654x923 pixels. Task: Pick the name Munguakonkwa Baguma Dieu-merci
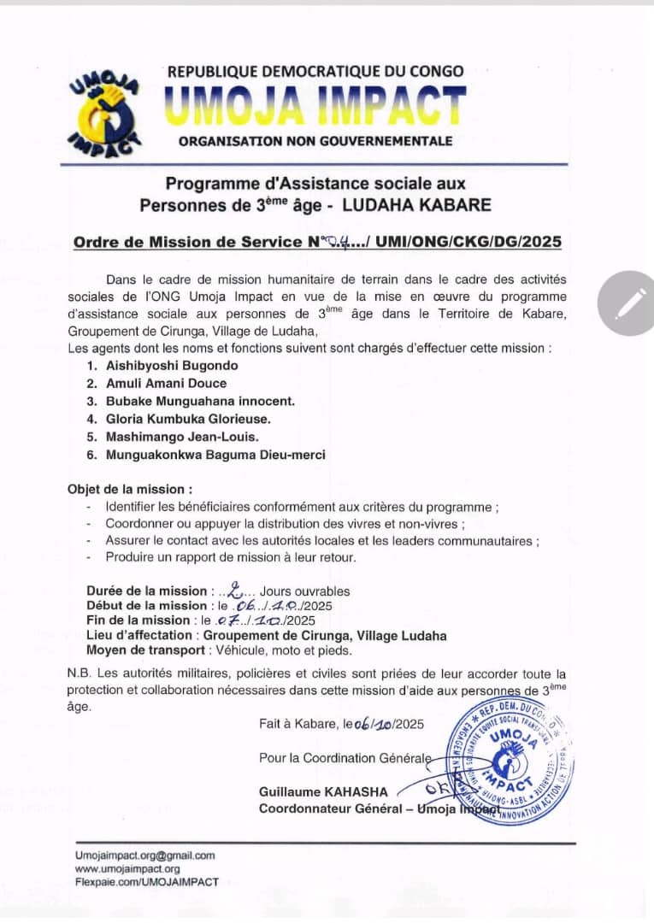point(215,455)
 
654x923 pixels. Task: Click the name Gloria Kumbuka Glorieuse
point(188,419)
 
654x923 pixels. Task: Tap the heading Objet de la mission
point(130,490)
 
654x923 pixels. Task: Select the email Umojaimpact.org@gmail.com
point(144,855)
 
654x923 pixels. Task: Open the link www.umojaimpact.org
point(127,868)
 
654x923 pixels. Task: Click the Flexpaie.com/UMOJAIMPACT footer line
point(146,881)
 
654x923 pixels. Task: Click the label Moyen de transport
point(141,650)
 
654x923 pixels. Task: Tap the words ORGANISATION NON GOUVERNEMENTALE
point(315,140)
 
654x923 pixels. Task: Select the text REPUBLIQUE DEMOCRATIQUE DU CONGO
point(315,72)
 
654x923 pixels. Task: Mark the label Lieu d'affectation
point(141,635)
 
